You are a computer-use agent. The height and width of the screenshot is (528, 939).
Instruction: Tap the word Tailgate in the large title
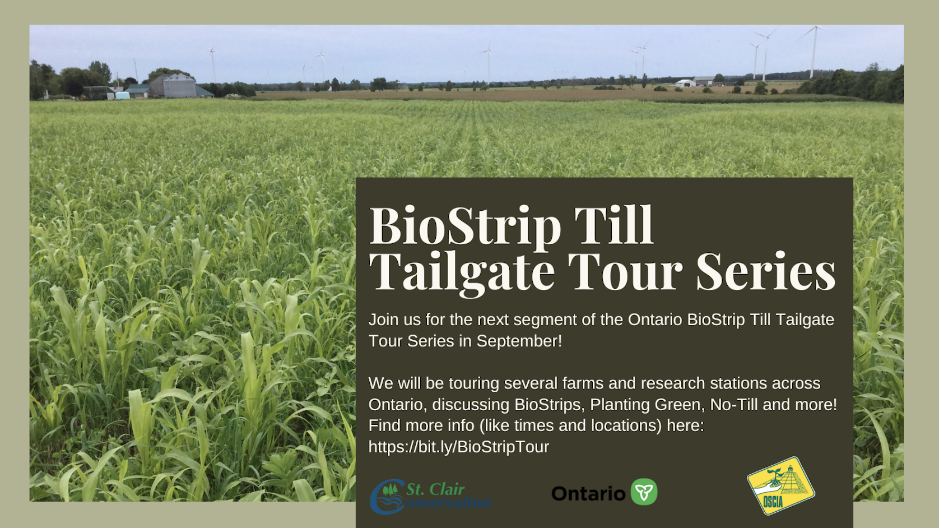pyautogui.click(x=462, y=273)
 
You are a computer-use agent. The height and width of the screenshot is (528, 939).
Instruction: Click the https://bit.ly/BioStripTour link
pyautogui.click(x=459, y=447)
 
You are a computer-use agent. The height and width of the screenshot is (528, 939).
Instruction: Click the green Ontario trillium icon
pyautogui.click(x=644, y=492)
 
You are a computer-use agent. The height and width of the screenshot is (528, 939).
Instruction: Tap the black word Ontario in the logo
pyautogui.click(x=588, y=494)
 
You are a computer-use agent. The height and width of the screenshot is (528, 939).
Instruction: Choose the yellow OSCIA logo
pyautogui.click(x=781, y=485)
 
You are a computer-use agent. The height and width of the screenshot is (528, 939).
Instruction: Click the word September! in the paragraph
pyautogui.click(x=519, y=341)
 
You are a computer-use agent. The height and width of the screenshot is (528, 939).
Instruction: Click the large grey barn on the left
pyautogui.click(x=174, y=86)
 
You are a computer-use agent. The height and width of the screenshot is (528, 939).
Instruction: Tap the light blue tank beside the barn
pyautogui.click(x=122, y=95)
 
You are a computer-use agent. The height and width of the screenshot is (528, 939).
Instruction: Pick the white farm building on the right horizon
pyautogui.click(x=685, y=83)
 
